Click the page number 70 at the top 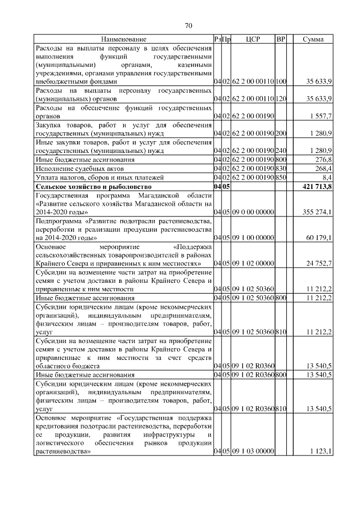pos(188,25)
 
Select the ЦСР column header pos(252,39)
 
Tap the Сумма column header pos(313,39)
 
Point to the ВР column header pos(281,39)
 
